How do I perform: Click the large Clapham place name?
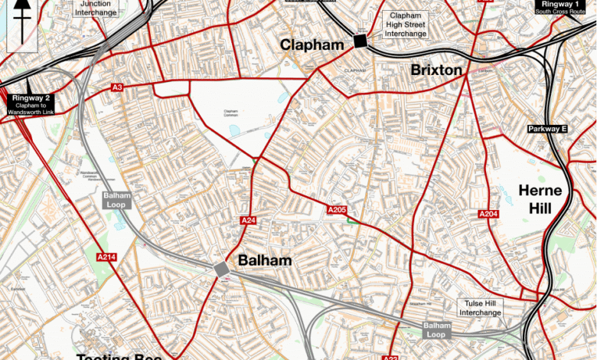point(312,45)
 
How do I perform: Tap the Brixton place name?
point(436,70)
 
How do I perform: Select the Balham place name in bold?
point(265,260)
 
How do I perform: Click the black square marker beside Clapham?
point(359,41)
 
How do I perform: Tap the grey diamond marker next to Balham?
point(221,269)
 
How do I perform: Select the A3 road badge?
point(117,88)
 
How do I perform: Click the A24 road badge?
point(248,221)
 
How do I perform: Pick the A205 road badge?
point(338,210)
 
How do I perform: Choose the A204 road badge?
point(489,214)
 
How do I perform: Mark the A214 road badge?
point(106,257)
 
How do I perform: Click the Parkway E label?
point(546,129)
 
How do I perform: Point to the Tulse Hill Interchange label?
point(480,308)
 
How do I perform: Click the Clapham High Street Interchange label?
point(406,25)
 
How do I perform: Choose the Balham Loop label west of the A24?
point(117,201)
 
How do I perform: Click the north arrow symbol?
point(22,23)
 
